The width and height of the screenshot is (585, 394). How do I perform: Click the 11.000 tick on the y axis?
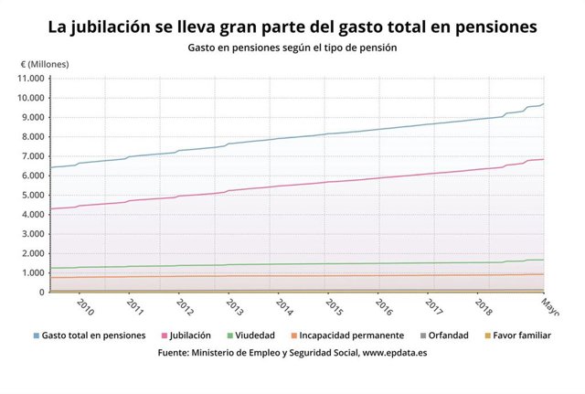31,79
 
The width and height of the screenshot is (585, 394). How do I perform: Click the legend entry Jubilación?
190,335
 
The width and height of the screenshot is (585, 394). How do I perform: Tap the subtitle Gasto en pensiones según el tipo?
292,46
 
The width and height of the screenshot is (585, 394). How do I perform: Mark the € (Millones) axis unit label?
45,64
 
